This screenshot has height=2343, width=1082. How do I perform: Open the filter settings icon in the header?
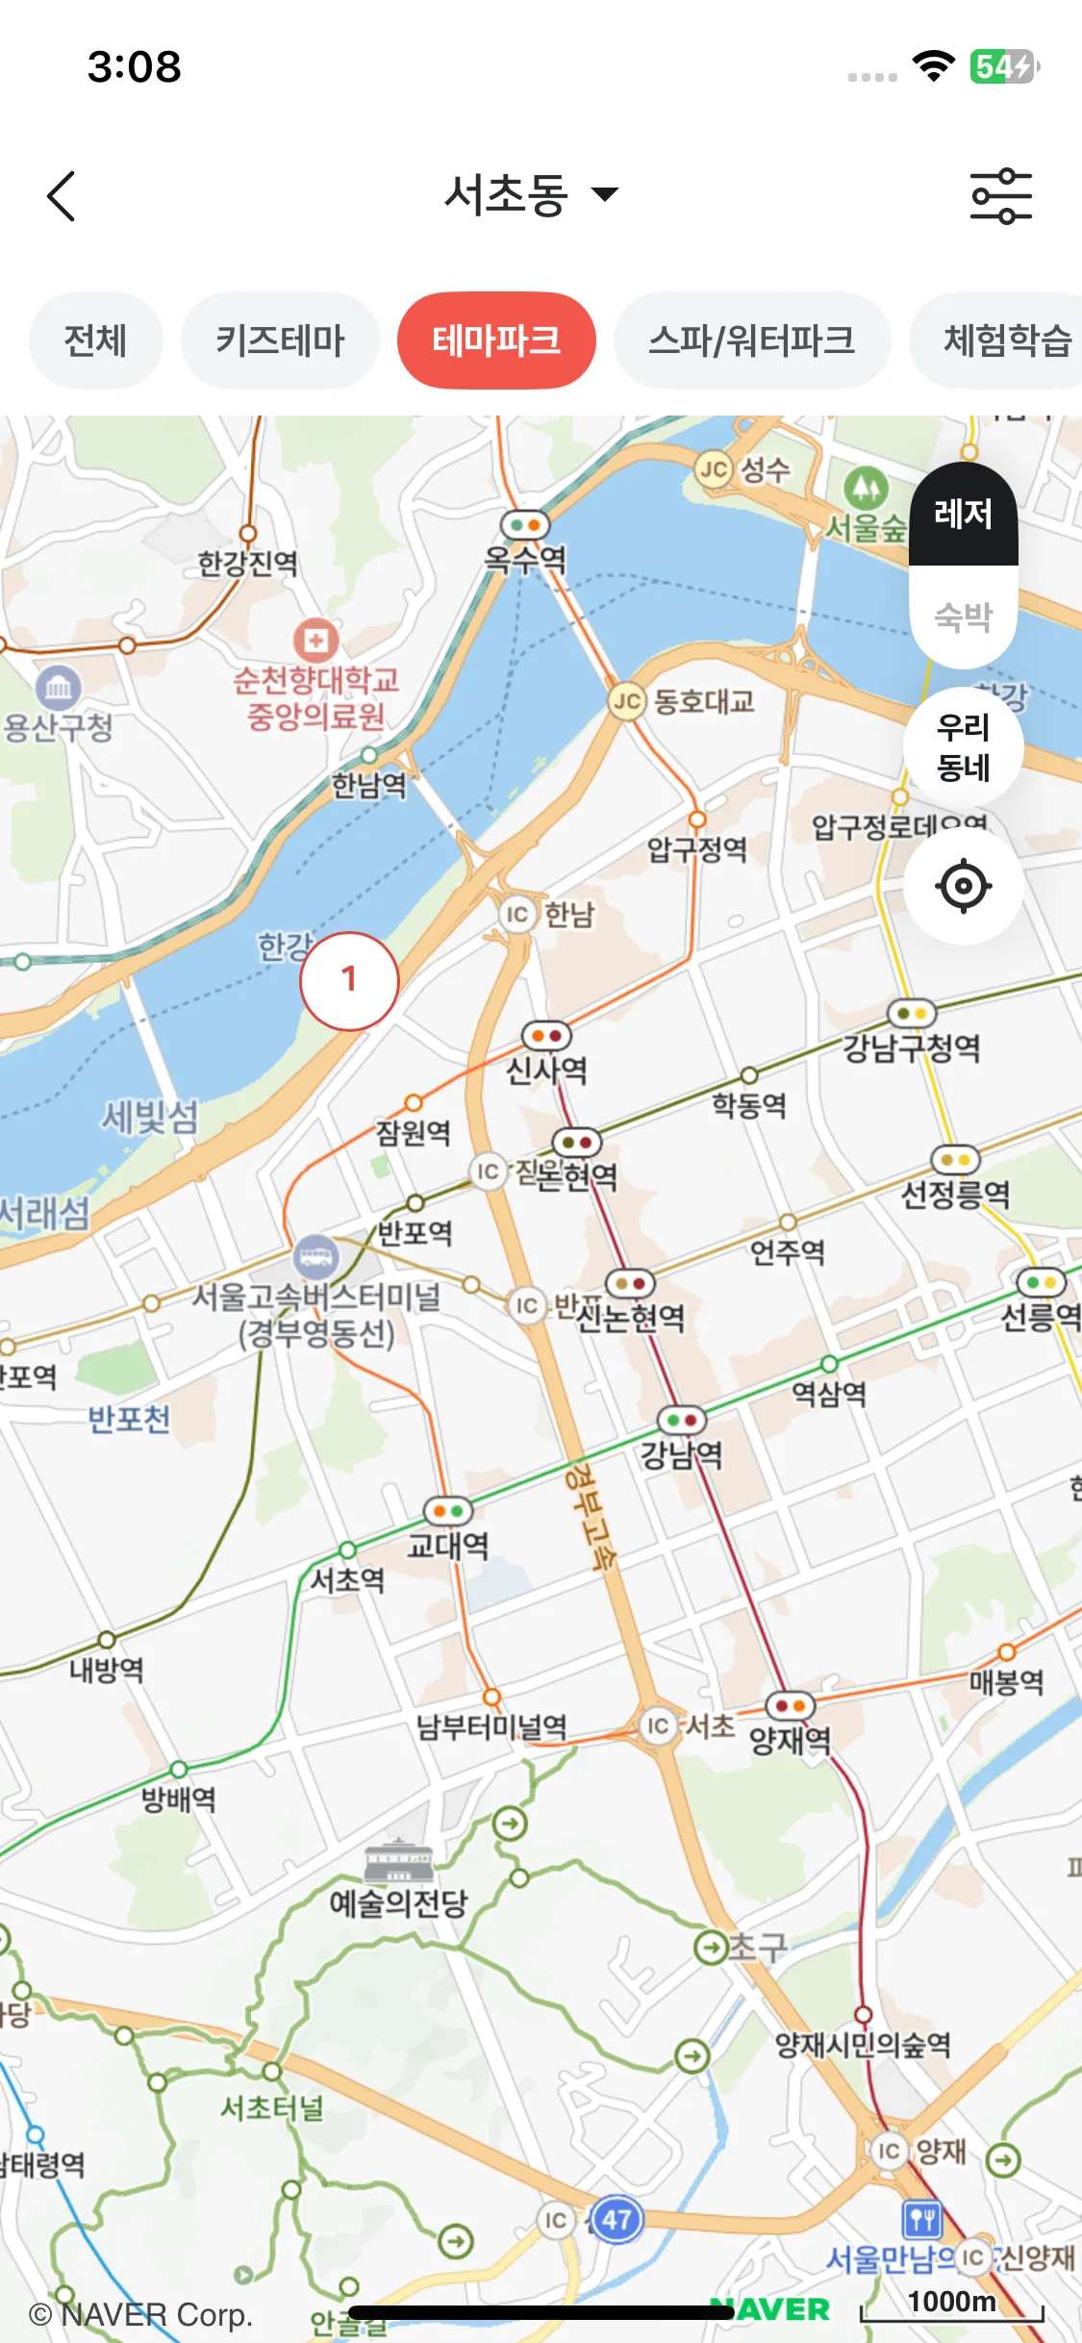tap(1000, 196)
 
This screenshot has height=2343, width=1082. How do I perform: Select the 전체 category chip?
tap(95, 340)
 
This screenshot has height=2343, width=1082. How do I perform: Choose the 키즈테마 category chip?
tap(280, 340)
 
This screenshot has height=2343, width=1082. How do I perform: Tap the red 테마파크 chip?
tap(496, 340)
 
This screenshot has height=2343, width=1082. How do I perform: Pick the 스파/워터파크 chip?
tap(751, 340)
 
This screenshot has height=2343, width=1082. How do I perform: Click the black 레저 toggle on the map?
tap(963, 514)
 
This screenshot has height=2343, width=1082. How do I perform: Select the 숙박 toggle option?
tap(963, 616)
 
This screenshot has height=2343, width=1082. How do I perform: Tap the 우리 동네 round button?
tap(963, 747)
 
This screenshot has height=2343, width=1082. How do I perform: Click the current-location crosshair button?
tap(963, 886)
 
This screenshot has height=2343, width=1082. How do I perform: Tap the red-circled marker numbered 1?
tap(349, 980)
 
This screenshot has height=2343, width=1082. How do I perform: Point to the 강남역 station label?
tap(682, 1453)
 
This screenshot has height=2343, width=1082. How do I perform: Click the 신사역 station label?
tap(546, 1069)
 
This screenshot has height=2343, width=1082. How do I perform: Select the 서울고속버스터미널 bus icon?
tap(316, 1254)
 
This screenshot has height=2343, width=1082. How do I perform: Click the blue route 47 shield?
tap(616, 2220)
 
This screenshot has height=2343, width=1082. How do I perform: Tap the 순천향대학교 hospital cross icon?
tap(315, 640)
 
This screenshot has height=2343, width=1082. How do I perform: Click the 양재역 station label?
tap(790, 1738)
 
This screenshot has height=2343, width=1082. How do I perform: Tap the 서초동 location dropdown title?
tap(530, 195)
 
